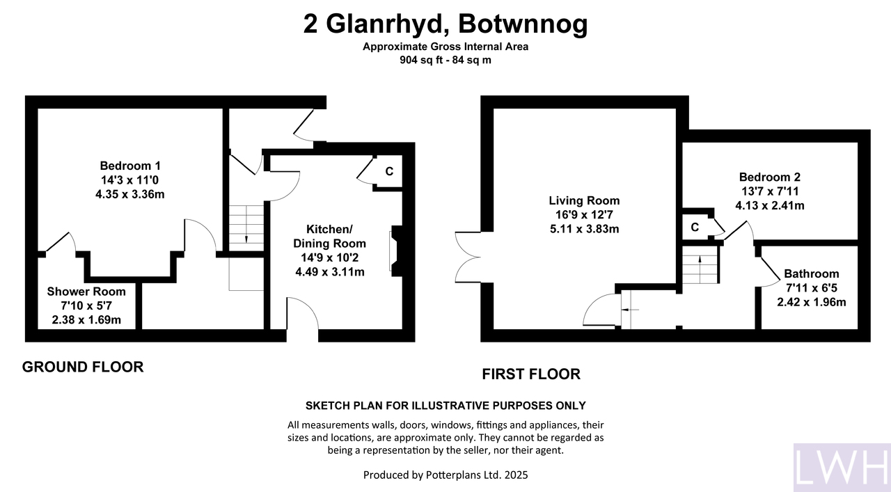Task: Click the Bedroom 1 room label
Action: (x=130, y=166)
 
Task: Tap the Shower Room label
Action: (x=86, y=292)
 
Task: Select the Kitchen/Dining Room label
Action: (x=330, y=236)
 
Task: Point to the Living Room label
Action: (x=584, y=200)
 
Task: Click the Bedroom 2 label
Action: (x=770, y=177)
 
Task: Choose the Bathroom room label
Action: (x=812, y=273)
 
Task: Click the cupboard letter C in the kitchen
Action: (x=389, y=171)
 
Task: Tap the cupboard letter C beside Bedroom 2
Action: (x=695, y=227)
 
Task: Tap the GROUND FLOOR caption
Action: (x=83, y=367)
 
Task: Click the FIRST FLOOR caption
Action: (x=531, y=374)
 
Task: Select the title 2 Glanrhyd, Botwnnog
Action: (x=445, y=24)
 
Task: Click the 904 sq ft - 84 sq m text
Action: (x=445, y=60)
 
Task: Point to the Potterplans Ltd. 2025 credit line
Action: (x=445, y=475)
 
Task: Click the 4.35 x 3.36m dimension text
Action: (x=130, y=194)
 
